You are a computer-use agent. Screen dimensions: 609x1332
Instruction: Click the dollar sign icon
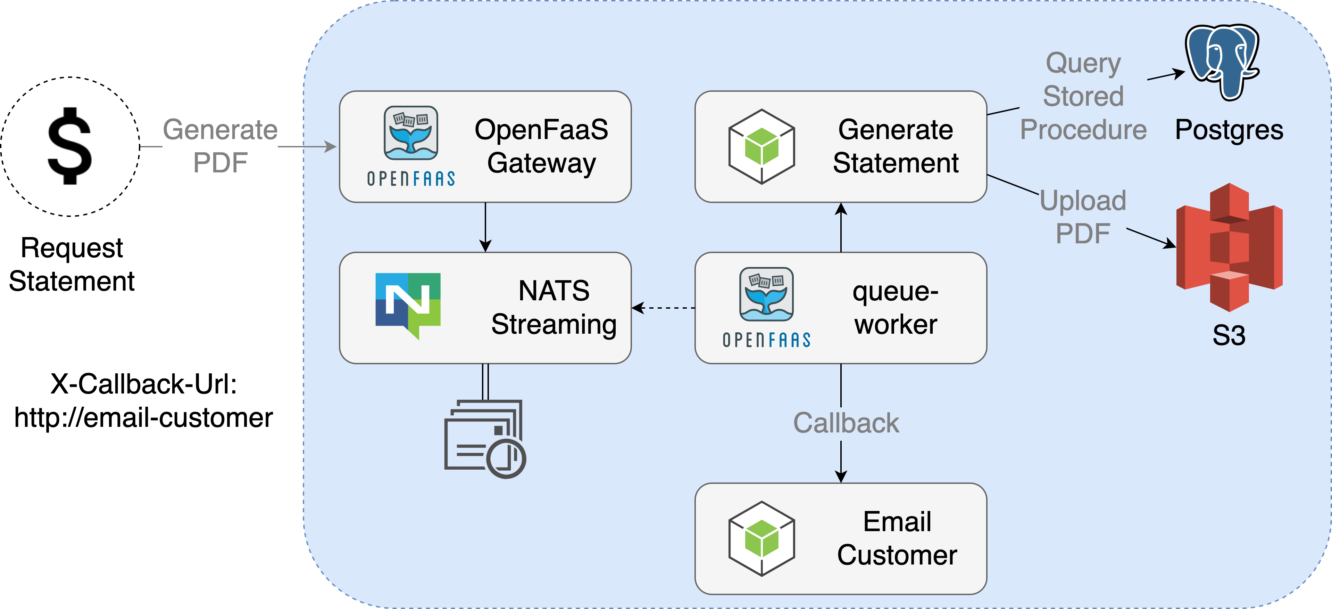coord(70,146)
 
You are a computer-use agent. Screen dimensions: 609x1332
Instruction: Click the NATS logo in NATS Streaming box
coord(408,305)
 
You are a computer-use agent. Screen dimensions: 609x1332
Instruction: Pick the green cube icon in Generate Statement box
coord(761,146)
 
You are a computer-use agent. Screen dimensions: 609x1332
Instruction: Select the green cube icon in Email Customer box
coord(761,538)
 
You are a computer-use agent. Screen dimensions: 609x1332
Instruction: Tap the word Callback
coord(846,423)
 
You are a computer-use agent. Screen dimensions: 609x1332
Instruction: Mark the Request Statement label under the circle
coord(72,265)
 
